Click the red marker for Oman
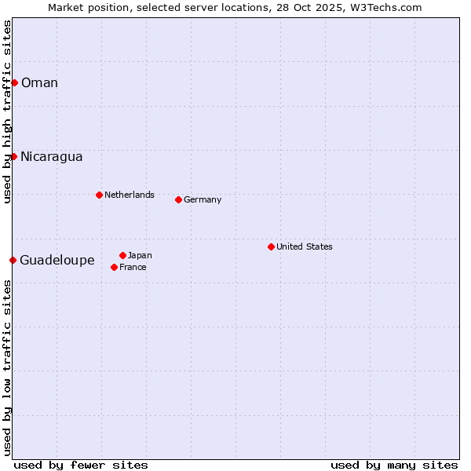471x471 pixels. [x=14, y=82]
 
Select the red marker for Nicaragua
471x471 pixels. [x=13, y=156]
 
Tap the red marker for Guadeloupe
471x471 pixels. [x=13, y=260]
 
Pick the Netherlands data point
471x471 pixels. [x=99, y=195]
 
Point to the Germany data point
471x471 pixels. [x=178, y=199]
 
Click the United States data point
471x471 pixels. [x=271, y=246]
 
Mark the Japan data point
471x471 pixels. [x=122, y=255]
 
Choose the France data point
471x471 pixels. [x=114, y=267]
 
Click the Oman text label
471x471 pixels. [x=39, y=83]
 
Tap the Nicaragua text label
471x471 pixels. [x=52, y=157]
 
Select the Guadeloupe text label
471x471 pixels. [x=57, y=261]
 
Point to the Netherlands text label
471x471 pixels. [x=130, y=195]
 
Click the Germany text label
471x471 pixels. [x=203, y=199]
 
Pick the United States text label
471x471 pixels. [x=305, y=246]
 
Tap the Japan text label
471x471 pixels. [x=140, y=255]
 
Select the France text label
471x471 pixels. [x=133, y=267]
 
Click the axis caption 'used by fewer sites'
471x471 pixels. [x=81, y=465]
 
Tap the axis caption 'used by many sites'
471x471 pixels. [x=394, y=465]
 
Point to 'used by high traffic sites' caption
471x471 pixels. [x=7, y=112]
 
